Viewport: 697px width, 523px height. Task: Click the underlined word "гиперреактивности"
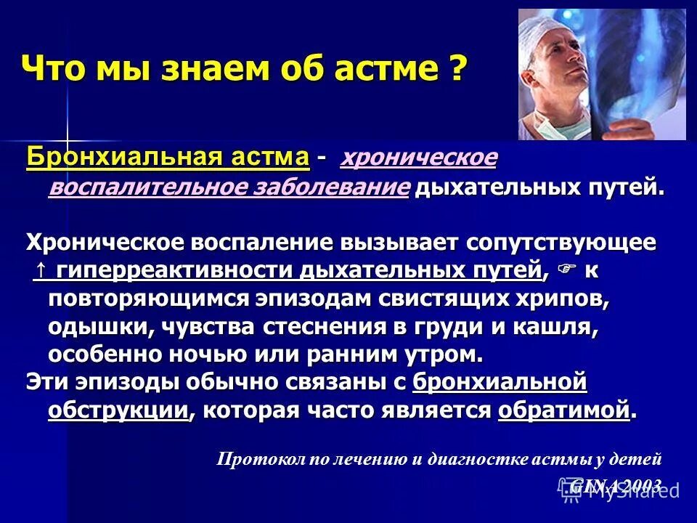[x=175, y=270]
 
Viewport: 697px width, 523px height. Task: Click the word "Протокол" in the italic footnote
[x=253, y=458]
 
